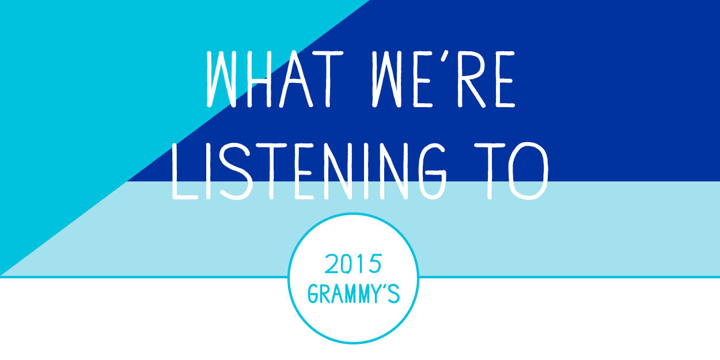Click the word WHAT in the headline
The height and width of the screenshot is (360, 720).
[275, 79]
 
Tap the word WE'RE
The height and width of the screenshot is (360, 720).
[444, 79]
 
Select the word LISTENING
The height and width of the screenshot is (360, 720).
[309, 171]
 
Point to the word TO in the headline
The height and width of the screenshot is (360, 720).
[511, 171]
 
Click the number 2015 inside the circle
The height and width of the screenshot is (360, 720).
[353, 264]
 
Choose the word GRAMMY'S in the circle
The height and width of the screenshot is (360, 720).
[354, 293]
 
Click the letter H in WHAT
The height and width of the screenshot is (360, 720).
[259, 79]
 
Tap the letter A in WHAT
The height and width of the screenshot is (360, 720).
[295, 79]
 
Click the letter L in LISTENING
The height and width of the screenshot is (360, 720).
[184, 171]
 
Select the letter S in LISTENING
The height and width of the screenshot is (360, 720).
[234, 171]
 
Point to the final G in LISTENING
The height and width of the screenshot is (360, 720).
[433, 171]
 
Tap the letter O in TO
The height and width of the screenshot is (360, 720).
[528, 171]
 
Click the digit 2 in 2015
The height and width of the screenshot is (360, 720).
[331, 264]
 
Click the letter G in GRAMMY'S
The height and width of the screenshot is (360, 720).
[313, 293]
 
